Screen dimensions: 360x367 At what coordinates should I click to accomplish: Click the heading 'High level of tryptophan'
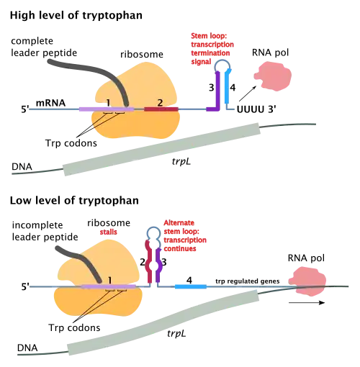point(76,16)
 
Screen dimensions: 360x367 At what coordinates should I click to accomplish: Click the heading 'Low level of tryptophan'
point(74,201)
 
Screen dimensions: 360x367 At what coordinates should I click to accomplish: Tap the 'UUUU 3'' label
point(256,109)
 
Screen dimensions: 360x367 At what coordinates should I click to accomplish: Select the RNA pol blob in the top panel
point(273,76)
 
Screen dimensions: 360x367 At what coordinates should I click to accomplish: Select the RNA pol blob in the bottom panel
point(307,281)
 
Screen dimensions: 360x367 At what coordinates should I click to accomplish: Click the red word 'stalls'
point(109,232)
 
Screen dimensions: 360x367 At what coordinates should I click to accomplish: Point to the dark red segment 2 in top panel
point(161,109)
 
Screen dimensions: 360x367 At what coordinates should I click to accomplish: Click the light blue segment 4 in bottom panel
point(191,286)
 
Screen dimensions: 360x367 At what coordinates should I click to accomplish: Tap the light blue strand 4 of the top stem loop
point(227,87)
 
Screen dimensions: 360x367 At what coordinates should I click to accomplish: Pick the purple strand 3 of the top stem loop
point(217,92)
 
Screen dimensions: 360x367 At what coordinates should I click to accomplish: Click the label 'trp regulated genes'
point(248,281)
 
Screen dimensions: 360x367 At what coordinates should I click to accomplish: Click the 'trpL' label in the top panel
point(181,161)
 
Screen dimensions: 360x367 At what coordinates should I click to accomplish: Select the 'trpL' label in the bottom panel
point(176,333)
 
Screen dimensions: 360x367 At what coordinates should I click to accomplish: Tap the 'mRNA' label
point(50,103)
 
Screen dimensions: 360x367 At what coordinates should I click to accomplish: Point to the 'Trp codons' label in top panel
point(71,143)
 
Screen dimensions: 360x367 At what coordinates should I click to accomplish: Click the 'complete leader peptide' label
point(44,47)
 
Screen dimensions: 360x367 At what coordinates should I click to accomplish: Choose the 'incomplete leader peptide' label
point(45,231)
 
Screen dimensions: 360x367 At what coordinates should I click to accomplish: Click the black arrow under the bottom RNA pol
point(307,303)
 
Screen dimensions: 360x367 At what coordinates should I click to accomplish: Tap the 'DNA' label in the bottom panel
point(27,348)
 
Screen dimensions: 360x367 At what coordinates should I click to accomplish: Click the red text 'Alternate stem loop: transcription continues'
point(185,235)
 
